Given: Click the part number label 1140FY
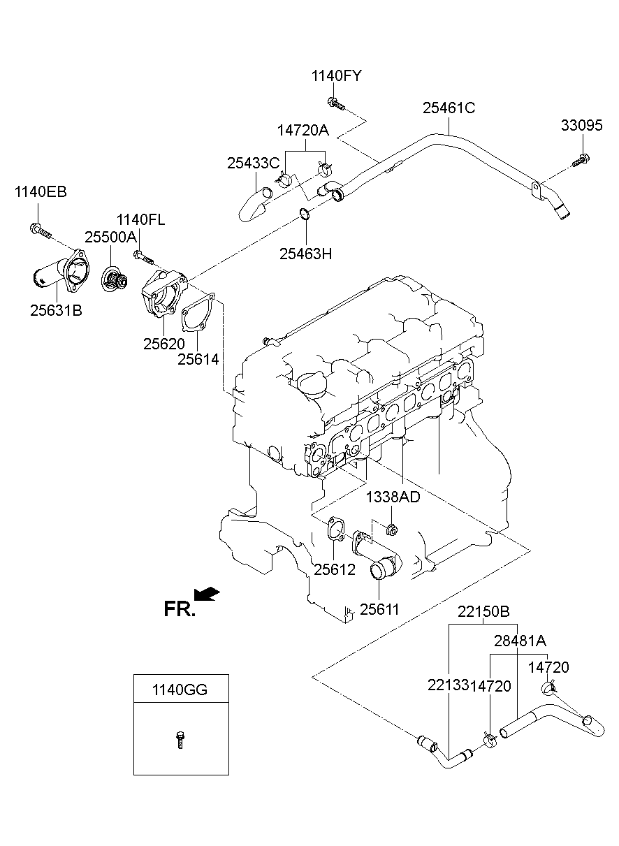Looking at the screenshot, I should tap(337, 76).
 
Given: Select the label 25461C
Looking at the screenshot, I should tap(449, 108).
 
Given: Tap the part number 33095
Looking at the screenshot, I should tap(581, 126).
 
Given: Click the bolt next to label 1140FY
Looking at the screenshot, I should tap(336, 104).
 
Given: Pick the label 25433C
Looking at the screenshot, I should tap(253, 163).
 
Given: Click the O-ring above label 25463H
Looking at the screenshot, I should tap(305, 214).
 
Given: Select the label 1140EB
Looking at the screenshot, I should tap(41, 192).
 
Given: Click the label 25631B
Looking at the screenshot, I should tap(56, 311).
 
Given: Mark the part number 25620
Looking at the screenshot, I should tap(163, 343).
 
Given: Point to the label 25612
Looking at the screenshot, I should tap(334, 569).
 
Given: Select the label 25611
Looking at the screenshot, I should tap(379, 609).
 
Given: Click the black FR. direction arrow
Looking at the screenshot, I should tap(207, 595).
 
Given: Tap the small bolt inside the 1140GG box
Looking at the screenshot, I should tap(180, 739).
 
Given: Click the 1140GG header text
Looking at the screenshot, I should tap(180, 690).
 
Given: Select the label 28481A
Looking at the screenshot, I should tap(520, 641).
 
